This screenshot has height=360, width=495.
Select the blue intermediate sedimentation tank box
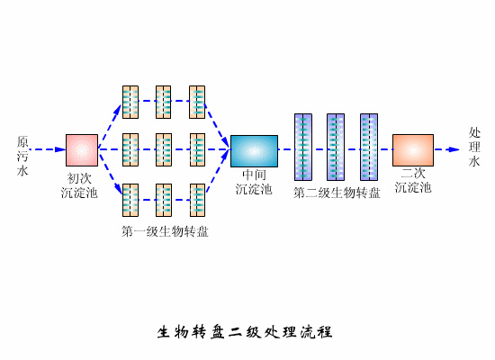(x=254, y=150)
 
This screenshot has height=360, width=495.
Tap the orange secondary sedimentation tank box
(x=412, y=150)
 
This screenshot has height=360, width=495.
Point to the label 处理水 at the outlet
(x=474, y=147)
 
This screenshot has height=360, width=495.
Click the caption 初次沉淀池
(x=79, y=185)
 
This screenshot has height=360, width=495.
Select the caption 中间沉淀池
(x=254, y=182)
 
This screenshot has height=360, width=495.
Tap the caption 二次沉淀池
(x=413, y=180)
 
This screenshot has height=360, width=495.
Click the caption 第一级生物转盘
(x=165, y=231)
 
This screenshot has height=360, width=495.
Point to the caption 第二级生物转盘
(x=337, y=192)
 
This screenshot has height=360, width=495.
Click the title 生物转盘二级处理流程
(x=245, y=332)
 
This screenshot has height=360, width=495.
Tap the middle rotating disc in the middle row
(x=164, y=150)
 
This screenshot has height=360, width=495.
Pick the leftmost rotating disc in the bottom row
(x=130, y=200)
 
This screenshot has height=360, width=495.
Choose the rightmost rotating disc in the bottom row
(x=197, y=200)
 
